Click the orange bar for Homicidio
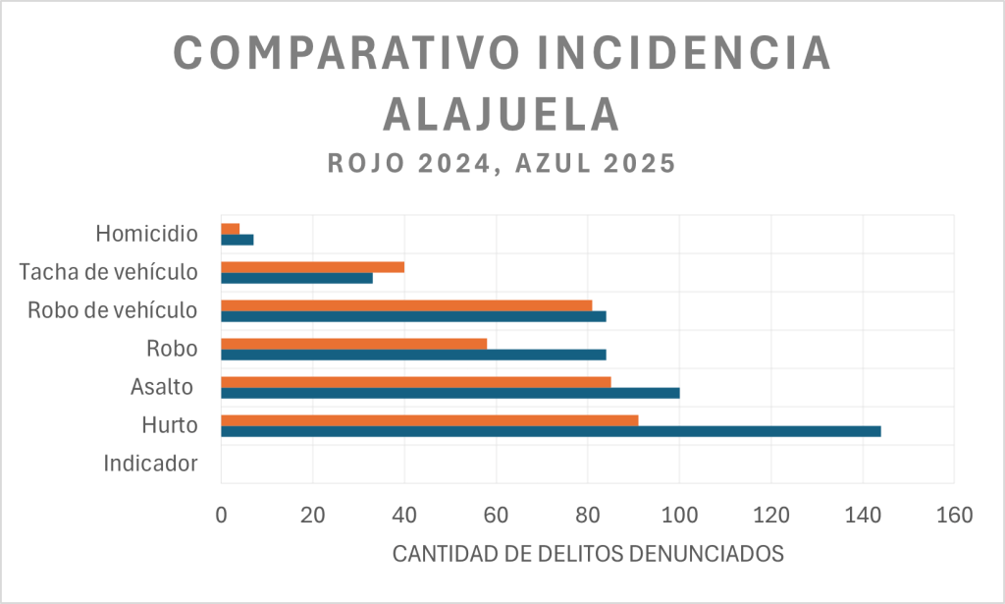tap(231, 229)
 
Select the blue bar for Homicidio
tap(238, 240)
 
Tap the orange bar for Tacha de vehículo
tap(312, 267)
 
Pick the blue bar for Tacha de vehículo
tap(296, 278)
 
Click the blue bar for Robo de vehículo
tap(413, 316)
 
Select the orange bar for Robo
tap(353, 344)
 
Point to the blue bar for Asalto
tap(450, 393)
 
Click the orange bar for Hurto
tap(429, 420)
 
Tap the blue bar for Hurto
tap(551, 431)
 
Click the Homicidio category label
tap(147, 234)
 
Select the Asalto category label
tap(162, 387)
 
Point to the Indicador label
tap(150, 464)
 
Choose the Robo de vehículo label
tap(113, 310)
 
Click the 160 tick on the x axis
tap(954, 514)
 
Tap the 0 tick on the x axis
tap(222, 514)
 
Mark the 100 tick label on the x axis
tap(679, 514)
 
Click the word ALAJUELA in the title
tap(502, 115)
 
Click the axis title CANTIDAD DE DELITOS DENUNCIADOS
tap(588, 553)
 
